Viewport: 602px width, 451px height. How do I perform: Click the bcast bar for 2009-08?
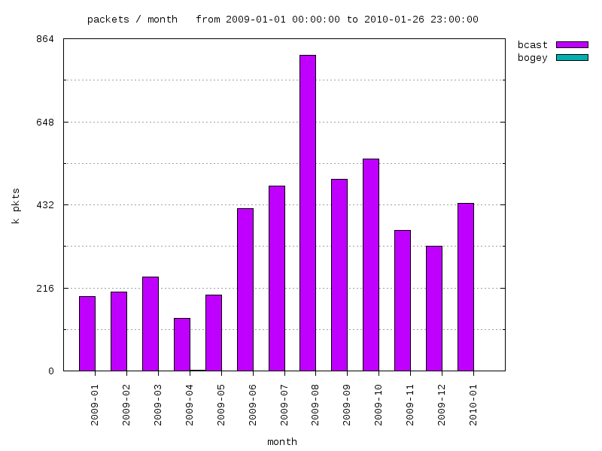[308, 213]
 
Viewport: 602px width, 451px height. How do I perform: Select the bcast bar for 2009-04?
[182, 344]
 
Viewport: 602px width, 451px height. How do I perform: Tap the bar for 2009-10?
[371, 265]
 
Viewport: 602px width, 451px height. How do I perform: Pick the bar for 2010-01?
[466, 287]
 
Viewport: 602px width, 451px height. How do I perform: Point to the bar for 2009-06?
[245, 289]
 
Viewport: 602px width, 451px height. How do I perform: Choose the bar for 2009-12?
[434, 308]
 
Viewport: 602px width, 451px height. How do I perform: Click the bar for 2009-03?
[150, 324]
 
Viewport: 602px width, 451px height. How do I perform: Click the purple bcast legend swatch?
[572, 45]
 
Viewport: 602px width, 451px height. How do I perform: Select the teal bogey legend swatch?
[572, 58]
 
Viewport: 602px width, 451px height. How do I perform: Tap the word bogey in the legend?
[532, 58]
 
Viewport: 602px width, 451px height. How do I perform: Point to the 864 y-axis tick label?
[45, 39]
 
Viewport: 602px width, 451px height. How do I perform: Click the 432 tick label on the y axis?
[45, 204]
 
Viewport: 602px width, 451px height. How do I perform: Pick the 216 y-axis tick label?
[45, 288]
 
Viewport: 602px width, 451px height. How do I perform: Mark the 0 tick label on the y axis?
[50, 371]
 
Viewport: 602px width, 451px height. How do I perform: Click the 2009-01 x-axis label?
[95, 405]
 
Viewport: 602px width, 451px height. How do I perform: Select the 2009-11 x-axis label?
[410, 405]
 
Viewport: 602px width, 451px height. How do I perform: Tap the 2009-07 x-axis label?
[284, 405]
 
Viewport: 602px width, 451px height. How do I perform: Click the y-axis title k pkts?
[15, 205]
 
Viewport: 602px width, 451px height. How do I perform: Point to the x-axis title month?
[282, 442]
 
